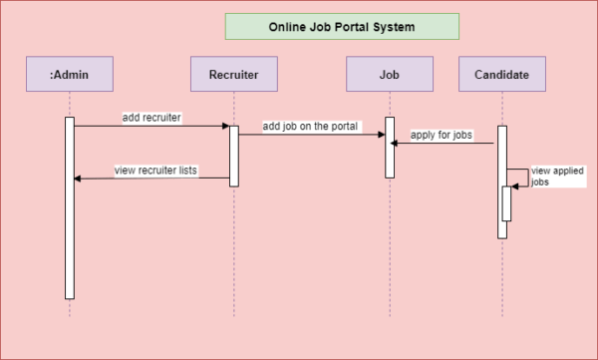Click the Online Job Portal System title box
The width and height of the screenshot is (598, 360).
pos(341,27)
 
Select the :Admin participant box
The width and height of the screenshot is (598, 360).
pos(70,74)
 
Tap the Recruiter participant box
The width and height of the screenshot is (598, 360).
pos(233,74)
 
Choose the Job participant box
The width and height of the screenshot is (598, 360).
pos(390,74)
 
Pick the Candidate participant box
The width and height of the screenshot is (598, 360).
pos(502,74)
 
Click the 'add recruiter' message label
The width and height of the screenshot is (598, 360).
pos(151,117)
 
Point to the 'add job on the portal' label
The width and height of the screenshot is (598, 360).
pos(311,127)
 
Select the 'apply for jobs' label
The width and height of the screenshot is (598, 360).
pos(442,135)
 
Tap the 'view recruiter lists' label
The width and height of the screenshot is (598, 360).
pos(155,171)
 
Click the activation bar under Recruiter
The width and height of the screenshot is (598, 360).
pos(234,156)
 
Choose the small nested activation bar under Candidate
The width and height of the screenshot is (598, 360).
pos(506,203)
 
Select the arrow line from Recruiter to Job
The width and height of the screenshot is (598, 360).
pos(311,135)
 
